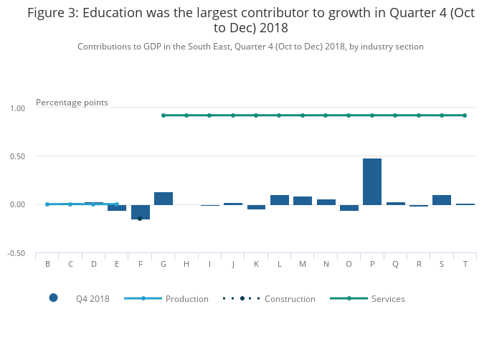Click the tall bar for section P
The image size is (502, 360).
pos(372,181)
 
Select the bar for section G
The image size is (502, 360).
pos(164,199)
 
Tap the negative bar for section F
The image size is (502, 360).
pos(141,212)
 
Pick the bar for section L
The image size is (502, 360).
pos(280,200)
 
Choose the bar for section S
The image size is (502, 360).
pos(442,200)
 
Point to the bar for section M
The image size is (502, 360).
pos(303,201)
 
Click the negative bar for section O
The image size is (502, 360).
pos(349,208)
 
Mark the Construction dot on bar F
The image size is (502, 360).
pos(140,218)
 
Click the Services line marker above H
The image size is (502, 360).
pos(186,115)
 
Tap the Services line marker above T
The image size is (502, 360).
pos(465,115)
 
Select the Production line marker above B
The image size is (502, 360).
pos(47,204)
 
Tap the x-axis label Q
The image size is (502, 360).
pos(395,264)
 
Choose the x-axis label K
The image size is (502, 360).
pos(256,264)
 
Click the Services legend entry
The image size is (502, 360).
pos(387,298)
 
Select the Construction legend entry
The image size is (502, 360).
pos(290,298)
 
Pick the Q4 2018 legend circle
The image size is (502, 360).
pos(53,298)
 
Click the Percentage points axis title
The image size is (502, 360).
pos(72,103)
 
